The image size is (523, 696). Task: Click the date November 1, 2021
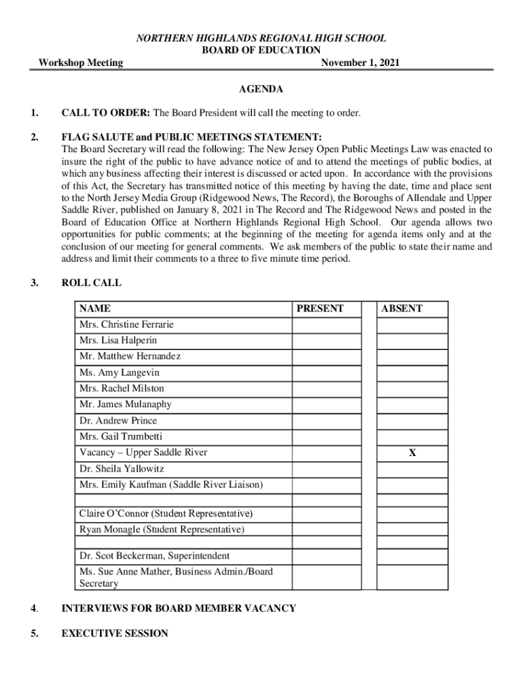point(360,63)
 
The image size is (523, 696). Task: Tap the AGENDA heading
point(261,90)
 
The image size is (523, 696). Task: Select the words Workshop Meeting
point(81,63)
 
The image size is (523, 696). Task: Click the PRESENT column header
point(321,309)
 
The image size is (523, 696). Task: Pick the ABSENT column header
point(402,309)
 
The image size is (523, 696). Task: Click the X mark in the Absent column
point(412,453)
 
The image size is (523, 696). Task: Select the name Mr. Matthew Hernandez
point(130,356)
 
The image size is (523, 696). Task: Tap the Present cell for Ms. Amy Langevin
point(327,372)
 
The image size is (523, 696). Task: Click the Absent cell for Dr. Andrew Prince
point(412,421)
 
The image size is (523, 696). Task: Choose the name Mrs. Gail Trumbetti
point(121,436)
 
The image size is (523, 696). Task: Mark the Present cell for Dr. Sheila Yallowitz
point(327,469)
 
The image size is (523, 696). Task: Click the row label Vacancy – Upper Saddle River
point(143,453)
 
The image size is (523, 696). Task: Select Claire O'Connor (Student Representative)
point(166,513)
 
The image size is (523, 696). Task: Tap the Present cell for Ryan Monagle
point(327,529)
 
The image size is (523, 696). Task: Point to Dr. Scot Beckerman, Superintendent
point(154,556)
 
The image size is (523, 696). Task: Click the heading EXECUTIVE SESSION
point(115,633)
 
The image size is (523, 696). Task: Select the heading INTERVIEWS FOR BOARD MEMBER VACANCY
point(179,608)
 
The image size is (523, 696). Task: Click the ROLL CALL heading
point(92,283)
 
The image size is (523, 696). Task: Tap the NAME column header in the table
point(95,309)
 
